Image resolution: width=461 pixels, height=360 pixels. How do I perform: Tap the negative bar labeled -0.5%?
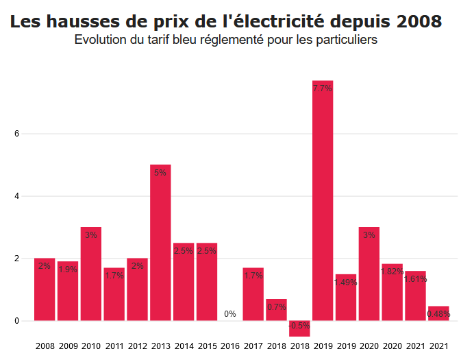click(299, 328)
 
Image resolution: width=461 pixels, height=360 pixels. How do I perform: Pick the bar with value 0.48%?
click(438, 313)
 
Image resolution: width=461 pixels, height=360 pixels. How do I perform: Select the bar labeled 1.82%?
click(392, 292)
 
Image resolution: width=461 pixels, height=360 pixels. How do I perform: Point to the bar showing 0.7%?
click(276, 310)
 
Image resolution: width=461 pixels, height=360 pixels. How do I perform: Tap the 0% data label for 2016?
click(230, 314)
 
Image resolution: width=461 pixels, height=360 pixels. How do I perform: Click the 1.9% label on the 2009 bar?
click(68, 269)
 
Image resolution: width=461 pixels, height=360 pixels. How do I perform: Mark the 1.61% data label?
click(415, 279)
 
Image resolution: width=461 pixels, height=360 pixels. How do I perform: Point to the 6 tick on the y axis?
click(25, 134)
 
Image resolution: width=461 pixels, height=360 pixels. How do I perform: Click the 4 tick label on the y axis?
click(25, 196)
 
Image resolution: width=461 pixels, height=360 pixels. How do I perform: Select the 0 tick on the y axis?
click(25, 321)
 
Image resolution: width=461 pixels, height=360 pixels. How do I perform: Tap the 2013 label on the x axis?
click(160, 346)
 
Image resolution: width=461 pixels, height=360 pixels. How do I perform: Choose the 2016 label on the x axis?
click(230, 346)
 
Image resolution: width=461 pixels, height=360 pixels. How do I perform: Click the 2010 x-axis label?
click(91, 346)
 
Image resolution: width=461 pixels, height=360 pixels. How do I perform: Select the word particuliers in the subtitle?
click(347, 40)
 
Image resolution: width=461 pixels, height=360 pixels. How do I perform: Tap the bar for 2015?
click(207, 281)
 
